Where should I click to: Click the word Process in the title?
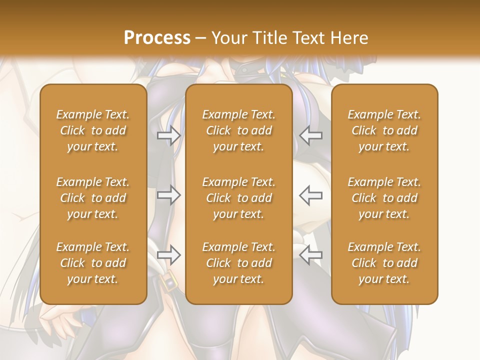(x=157, y=37)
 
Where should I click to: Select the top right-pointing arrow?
(x=168, y=135)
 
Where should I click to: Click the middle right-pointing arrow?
(x=168, y=195)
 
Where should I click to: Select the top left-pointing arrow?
(x=311, y=135)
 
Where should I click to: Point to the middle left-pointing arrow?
(x=311, y=195)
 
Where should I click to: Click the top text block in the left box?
(x=93, y=130)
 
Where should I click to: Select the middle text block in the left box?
(x=93, y=198)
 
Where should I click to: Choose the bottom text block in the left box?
(x=93, y=263)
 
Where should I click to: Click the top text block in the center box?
(x=239, y=130)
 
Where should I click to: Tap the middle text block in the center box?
(x=239, y=198)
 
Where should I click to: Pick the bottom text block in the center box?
(x=239, y=263)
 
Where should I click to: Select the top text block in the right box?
(x=384, y=130)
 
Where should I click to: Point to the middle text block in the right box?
(x=384, y=198)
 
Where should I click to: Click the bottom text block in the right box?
(x=384, y=263)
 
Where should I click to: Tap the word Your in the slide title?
(x=229, y=37)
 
